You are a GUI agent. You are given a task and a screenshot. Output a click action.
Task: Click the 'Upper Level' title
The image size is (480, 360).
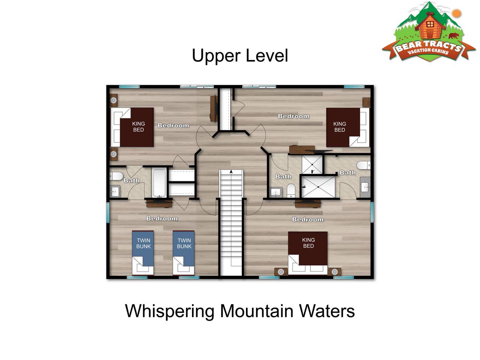240,56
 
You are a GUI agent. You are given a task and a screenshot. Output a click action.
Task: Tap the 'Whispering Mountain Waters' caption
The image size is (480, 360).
240,311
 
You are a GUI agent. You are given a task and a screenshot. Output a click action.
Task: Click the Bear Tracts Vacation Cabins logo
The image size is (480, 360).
429,32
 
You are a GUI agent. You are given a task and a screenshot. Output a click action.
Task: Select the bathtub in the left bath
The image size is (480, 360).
159,183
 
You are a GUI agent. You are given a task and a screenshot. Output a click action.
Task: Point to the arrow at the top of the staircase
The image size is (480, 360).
231,172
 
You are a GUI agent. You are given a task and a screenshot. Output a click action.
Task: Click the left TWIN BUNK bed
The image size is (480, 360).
143,253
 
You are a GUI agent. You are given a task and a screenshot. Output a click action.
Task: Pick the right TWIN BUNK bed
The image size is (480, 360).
183,253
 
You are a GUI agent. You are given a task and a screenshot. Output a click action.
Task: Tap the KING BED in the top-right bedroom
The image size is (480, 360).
348,127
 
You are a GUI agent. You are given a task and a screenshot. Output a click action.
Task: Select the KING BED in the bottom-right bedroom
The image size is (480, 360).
307,253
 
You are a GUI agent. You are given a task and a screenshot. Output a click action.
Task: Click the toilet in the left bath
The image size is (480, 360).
116,176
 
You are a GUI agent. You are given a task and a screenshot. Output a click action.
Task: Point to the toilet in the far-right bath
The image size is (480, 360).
363,165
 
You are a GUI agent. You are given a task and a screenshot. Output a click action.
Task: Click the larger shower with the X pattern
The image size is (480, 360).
318,187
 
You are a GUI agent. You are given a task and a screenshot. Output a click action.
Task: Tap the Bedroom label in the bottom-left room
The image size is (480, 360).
162,218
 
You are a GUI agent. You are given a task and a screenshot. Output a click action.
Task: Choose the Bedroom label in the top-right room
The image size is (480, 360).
294,116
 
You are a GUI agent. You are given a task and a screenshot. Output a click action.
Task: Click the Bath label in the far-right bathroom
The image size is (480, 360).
348,172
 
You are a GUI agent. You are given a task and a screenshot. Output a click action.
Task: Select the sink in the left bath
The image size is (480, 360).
115,192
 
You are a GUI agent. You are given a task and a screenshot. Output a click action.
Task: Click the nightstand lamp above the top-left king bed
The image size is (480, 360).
114,100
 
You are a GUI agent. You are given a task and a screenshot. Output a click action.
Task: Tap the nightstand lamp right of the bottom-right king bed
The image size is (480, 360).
334,272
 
